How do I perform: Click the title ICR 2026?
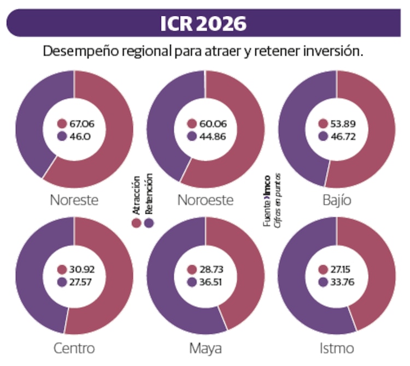pos(203,23)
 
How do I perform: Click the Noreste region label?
pos(74,200)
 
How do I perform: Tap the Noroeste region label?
pos(205,200)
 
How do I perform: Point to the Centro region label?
pos(74,348)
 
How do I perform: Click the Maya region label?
pos(205,348)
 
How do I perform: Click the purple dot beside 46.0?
pos(62,136)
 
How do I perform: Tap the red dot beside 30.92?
pos(62,270)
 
